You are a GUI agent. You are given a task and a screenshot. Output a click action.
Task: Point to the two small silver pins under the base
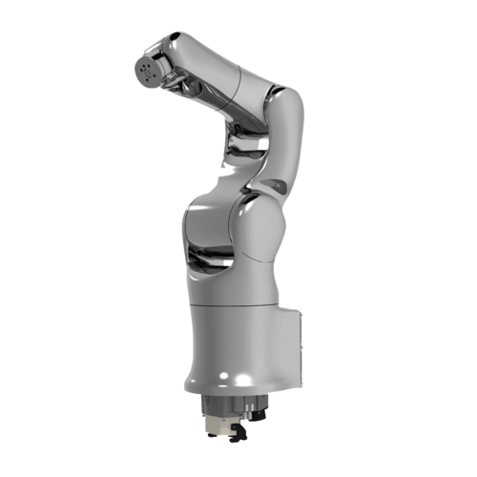pos(243,412)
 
